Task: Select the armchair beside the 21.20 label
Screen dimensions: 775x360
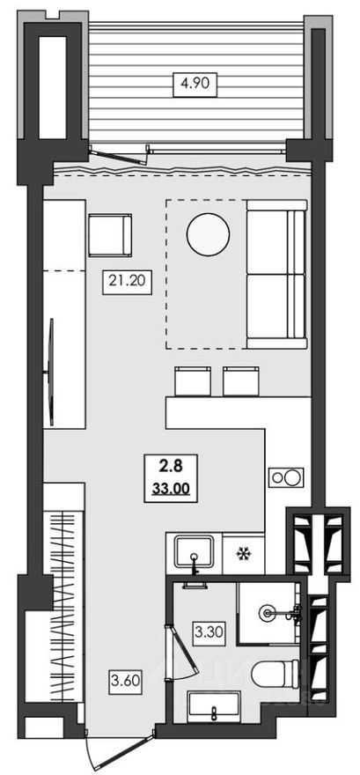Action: click(109, 235)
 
